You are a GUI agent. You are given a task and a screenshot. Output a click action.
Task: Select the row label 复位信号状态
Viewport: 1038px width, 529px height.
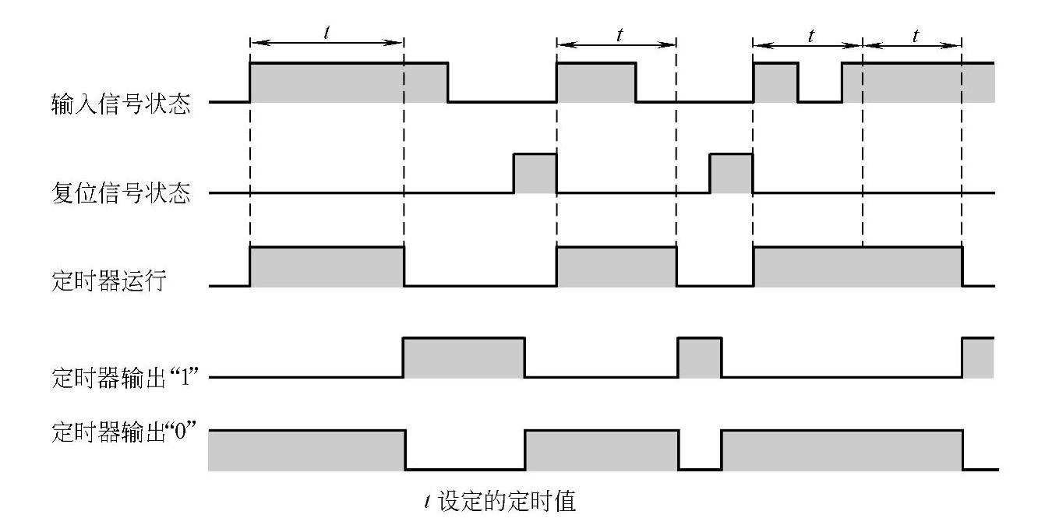[120, 194]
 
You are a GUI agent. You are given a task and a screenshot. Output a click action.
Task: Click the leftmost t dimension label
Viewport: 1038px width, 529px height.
[325, 34]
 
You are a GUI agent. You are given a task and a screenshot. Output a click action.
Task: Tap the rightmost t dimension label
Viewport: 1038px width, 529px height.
[914, 35]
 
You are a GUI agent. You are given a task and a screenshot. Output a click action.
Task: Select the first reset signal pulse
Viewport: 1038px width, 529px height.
[535, 173]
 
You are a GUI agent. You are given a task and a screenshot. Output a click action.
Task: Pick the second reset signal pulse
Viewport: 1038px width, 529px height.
[731, 173]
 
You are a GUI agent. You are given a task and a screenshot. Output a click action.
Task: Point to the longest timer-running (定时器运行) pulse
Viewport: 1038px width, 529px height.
[857, 267]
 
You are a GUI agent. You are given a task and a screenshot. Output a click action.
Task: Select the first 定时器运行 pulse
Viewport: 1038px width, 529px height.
[327, 267]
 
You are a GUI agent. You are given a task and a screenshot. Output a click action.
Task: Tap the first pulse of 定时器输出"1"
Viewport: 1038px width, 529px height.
[464, 358]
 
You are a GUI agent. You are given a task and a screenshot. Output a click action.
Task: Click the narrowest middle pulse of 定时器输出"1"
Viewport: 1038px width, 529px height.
[700, 358]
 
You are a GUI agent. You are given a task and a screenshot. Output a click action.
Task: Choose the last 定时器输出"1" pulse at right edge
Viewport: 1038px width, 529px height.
[978, 358]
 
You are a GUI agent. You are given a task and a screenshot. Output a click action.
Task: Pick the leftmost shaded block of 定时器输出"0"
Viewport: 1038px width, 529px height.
[306, 450]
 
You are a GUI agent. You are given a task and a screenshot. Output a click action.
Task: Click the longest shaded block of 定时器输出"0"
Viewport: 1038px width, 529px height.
[842, 450]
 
